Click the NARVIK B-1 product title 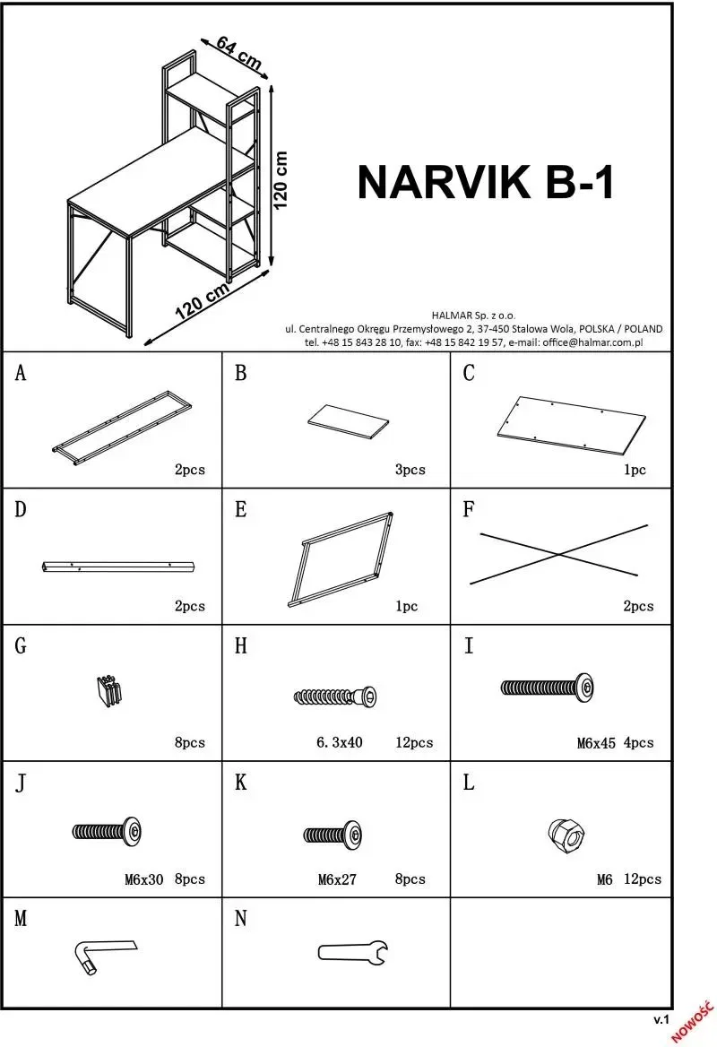click(486, 182)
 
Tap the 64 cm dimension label click(239, 54)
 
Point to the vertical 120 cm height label click(281, 179)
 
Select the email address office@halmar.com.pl click(592, 342)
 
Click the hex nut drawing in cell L click(566, 834)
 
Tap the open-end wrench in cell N click(352, 951)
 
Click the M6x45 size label click(596, 743)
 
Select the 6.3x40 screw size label click(339, 742)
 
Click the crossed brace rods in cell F click(558, 554)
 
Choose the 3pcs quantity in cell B click(410, 470)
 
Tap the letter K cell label click(240, 783)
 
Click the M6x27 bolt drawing click(333, 835)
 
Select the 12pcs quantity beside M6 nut click(643, 879)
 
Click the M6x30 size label click(143, 880)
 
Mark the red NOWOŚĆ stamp click(694, 1022)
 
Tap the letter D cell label click(21, 510)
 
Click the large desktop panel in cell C click(572, 425)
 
